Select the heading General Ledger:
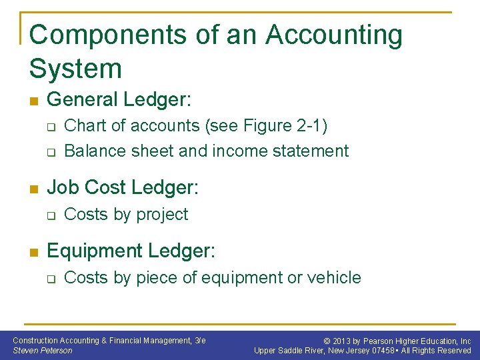pyautogui.click(x=119, y=100)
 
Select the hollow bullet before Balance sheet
pyautogui.click(x=51, y=151)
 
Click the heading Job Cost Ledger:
pyautogui.click(x=123, y=188)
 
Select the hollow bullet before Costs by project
pyautogui.click(x=51, y=215)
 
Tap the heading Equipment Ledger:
pyautogui.click(x=131, y=251)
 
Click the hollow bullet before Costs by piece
pyautogui.click(x=51, y=279)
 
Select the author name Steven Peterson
pyautogui.click(x=43, y=351)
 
